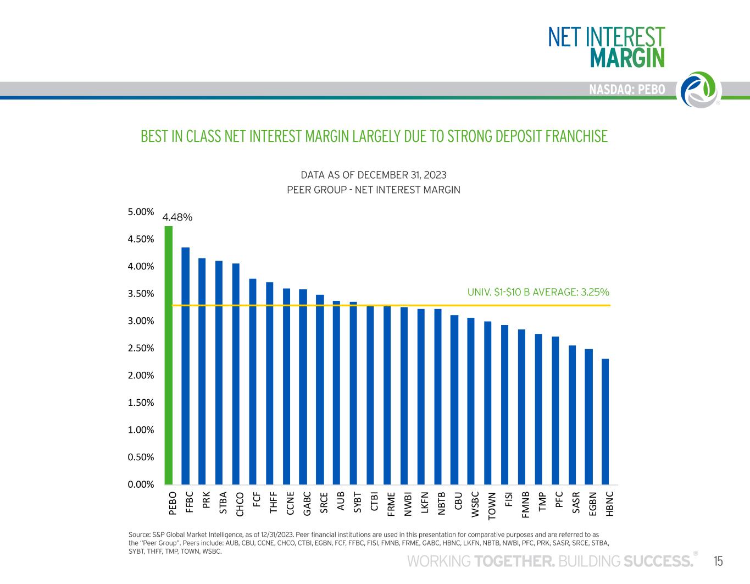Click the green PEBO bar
click(169, 355)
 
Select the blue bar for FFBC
click(185, 366)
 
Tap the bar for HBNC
click(605, 422)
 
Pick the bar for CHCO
click(236, 374)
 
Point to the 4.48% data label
click(177, 217)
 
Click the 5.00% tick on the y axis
click(141, 212)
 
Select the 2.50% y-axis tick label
click(141, 348)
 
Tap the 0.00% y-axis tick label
click(141, 484)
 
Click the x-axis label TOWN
click(492, 506)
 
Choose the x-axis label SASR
click(576, 503)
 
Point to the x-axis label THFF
click(274, 503)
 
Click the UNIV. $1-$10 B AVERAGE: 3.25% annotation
click(538, 292)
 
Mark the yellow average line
click(391, 305)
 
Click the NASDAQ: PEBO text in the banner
click(627, 90)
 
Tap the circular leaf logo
click(701, 90)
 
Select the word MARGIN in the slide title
click(627, 58)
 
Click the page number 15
click(718, 561)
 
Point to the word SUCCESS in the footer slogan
click(658, 561)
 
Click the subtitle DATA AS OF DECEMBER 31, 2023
click(374, 175)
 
